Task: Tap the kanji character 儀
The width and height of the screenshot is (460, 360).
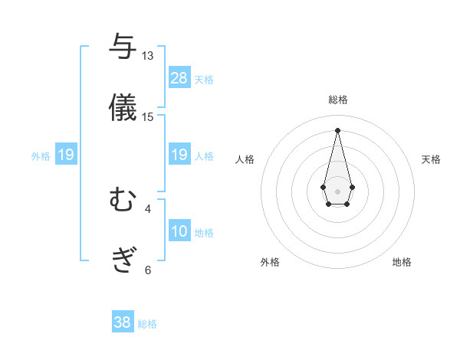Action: [x=123, y=106]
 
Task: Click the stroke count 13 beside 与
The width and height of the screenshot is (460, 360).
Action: [x=147, y=56]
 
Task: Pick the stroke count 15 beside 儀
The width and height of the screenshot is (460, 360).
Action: [x=147, y=116]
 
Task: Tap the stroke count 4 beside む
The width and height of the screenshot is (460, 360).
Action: [x=147, y=208]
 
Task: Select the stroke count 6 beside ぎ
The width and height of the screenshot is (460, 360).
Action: [x=147, y=270]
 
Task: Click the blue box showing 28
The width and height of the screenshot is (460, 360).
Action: [x=179, y=77]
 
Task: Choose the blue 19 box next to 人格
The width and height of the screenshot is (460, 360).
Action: [x=179, y=155]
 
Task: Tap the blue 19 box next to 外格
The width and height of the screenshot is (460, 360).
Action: [x=66, y=155]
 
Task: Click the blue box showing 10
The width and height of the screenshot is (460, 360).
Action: [x=179, y=231]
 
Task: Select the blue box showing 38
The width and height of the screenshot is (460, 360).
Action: [x=123, y=322]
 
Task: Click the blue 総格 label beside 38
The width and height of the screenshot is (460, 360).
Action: [x=147, y=324]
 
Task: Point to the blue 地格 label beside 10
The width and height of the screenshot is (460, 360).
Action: [x=204, y=232]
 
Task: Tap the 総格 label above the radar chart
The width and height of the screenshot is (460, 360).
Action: [x=337, y=100]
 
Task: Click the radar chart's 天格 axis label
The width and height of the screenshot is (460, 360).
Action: [x=431, y=159]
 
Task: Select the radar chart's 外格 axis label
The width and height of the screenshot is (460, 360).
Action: [x=270, y=262]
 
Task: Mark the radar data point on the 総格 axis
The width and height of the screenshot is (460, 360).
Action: [x=337, y=129]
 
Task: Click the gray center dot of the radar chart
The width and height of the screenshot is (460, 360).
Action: [x=337, y=190]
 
